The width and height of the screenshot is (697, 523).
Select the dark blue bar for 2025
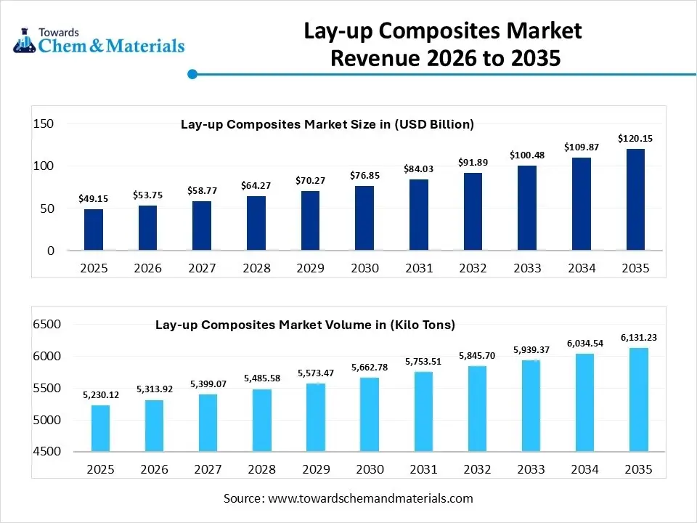click(94, 230)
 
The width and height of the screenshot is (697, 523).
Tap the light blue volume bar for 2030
click(369, 414)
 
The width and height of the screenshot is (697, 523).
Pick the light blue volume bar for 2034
click(584, 402)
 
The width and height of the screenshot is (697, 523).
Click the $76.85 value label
click(364, 175)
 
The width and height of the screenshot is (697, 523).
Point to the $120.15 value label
click(635, 138)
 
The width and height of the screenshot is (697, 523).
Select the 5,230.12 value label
click(101, 394)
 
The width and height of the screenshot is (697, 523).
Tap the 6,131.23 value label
click(639, 338)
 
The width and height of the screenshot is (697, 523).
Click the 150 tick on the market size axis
click(44, 124)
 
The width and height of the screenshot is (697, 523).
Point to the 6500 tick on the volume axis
click(46, 325)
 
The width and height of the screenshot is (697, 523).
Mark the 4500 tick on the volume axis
click(46, 452)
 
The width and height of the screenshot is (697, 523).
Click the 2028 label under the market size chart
click(256, 268)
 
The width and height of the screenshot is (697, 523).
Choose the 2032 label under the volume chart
click(477, 470)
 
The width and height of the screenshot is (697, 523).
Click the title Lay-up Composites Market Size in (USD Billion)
click(327, 124)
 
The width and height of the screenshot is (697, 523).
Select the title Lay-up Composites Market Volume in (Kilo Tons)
click(305, 325)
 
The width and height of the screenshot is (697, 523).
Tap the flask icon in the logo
click(25, 40)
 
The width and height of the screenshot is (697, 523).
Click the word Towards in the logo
click(60, 32)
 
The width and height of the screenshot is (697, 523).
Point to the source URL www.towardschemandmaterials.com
click(370, 498)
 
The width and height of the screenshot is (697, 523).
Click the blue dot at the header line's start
click(192, 74)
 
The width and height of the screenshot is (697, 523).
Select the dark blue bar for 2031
click(419, 215)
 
